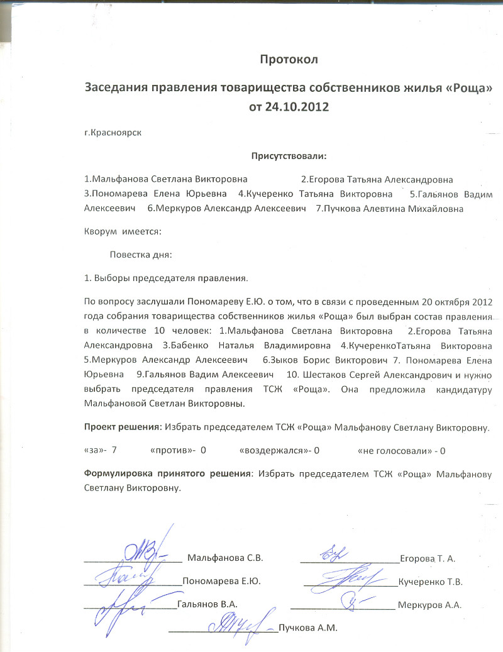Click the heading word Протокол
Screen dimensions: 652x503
(289, 60)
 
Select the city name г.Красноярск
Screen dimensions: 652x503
(114, 133)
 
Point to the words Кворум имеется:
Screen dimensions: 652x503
(123, 231)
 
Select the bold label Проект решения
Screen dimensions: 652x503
(123, 428)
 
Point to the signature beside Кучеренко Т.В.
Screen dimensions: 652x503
(352, 576)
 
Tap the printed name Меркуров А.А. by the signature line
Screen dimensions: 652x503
(434, 605)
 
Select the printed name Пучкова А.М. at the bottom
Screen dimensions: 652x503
(308, 627)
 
